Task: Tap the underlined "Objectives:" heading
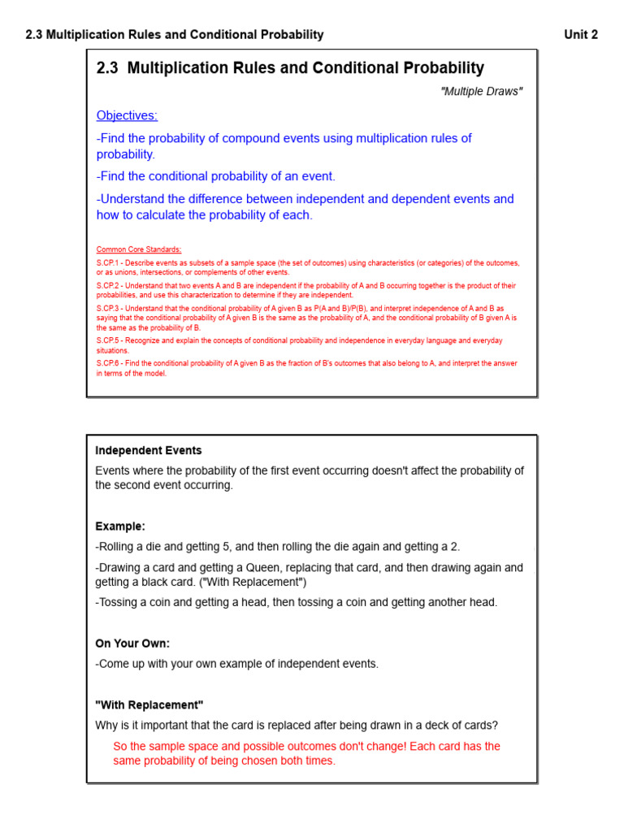127,115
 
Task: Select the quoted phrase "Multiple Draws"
481,91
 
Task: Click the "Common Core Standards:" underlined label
139,249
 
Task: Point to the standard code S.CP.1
108,263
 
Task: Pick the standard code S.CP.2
108,286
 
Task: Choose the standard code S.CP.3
108,309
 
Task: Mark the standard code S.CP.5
108,340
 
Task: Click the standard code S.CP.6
108,363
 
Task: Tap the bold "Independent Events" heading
149,450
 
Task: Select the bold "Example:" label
120,526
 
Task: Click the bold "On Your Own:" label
132,643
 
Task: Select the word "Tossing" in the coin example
119,602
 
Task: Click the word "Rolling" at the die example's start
119,547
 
